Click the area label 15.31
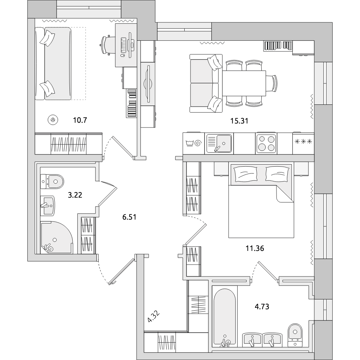[x=239, y=121]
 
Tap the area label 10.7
[x=80, y=120]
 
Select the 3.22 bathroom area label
[x=75, y=195]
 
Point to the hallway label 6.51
[x=129, y=217]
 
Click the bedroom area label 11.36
[x=255, y=248]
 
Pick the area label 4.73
[x=262, y=306]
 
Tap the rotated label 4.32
[x=154, y=317]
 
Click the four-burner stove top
[x=266, y=143]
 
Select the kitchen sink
[x=219, y=144]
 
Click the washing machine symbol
[x=194, y=144]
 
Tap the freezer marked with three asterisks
[x=303, y=141]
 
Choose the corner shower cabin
[x=57, y=238]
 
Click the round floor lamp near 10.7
[x=53, y=120]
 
